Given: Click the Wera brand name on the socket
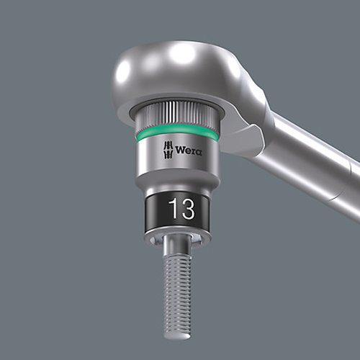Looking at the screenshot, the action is pos(189,151).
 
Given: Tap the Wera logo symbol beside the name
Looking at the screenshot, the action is pos(168,150).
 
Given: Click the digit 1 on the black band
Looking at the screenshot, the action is pos(173,209).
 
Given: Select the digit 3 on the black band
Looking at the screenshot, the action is pos(188,210).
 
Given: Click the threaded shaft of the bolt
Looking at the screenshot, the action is pos(177,294).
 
